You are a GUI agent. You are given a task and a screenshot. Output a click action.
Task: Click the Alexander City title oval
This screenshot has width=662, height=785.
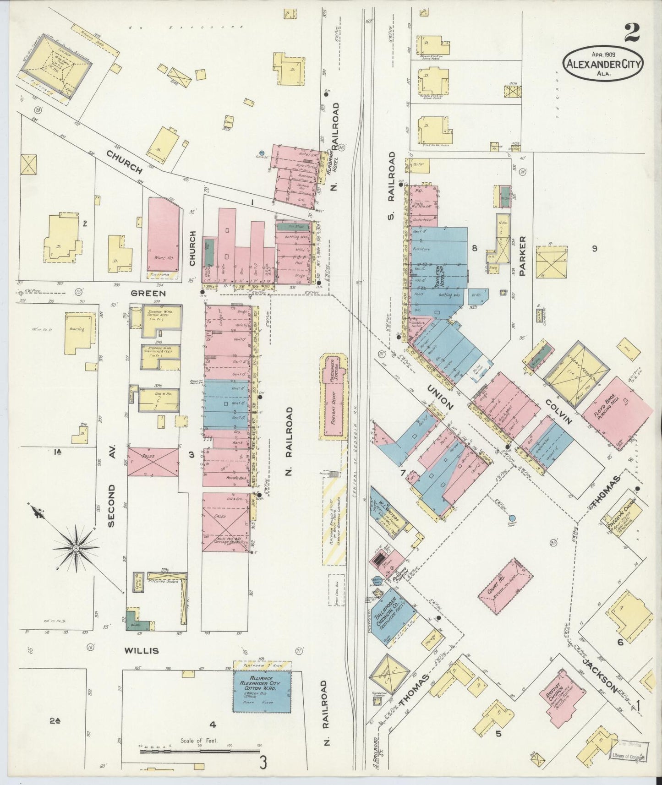[603, 63]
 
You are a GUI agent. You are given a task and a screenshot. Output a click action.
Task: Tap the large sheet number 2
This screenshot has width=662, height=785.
[632, 32]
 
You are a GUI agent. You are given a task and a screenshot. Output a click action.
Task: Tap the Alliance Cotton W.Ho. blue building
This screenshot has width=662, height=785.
[262, 691]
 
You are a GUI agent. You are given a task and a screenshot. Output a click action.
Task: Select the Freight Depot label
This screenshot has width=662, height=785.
[334, 412]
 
